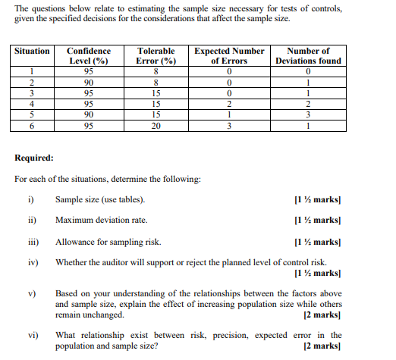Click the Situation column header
(32, 51)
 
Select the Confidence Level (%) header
(89, 55)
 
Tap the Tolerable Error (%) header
(156, 55)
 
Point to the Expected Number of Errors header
(229, 55)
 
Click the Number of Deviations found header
(308, 55)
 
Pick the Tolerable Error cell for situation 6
(156, 127)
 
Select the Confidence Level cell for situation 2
(89, 83)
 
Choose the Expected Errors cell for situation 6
(229, 127)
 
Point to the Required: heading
(34, 158)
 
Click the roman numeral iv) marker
(33, 262)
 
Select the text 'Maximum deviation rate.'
(102, 221)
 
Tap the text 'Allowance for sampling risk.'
(108, 243)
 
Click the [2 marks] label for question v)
(322, 314)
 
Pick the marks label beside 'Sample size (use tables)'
(317, 199)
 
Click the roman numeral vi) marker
(33, 335)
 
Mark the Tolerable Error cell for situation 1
(156, 72)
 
